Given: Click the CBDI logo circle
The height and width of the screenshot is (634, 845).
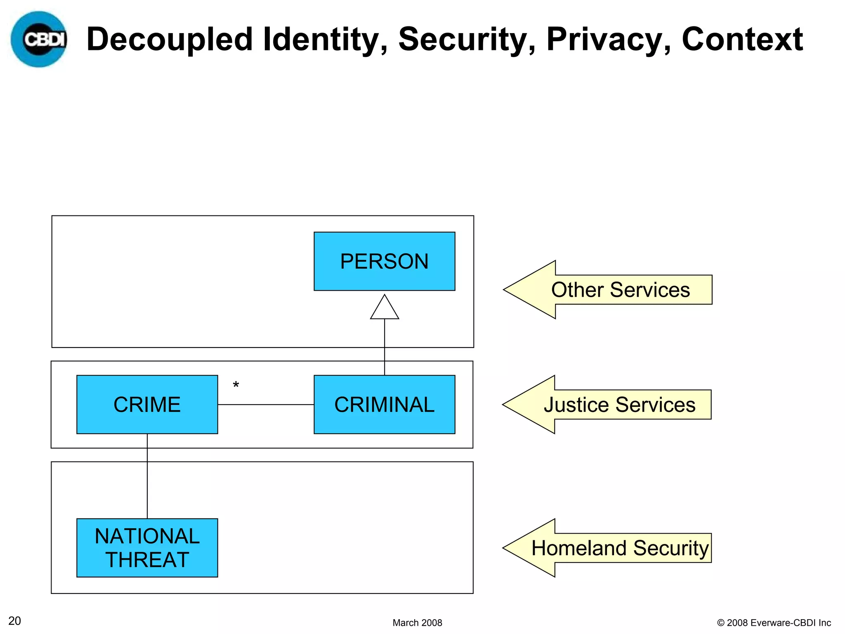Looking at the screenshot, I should coord(39,39).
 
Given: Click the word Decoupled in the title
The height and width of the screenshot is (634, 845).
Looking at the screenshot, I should coord(169,40).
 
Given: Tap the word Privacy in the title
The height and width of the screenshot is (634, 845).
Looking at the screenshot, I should coord(609,40).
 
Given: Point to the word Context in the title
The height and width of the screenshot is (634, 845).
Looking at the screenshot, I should coord(742,40).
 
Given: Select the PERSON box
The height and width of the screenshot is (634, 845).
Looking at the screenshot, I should coord(384,261).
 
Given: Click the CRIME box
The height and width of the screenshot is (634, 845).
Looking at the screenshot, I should coord(147,405).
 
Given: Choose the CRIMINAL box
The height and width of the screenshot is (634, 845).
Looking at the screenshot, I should coord(384,405).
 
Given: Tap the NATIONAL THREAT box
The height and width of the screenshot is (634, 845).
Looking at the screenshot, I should coord(147,548).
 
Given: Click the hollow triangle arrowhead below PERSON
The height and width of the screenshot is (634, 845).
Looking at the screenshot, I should coord(385,308).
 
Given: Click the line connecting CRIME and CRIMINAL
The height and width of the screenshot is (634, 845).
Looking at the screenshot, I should coord(266,405).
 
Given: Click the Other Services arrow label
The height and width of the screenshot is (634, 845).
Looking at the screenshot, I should coord(620,290).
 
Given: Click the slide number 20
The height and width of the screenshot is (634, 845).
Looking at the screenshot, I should coord(14,621).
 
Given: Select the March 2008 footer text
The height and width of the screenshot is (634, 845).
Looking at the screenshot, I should coord(417,622).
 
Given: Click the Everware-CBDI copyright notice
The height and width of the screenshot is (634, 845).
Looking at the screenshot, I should coord(774,622).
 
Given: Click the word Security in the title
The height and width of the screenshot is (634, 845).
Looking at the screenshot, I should coord(467,40).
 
